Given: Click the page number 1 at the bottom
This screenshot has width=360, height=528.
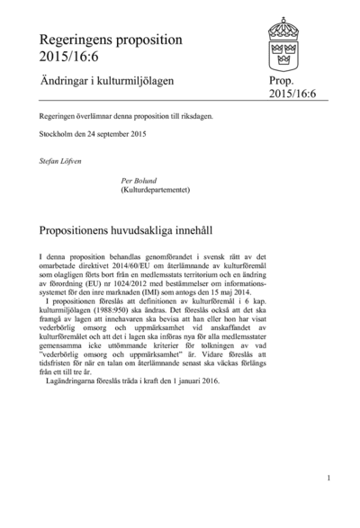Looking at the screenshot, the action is pyautogui.click(x=328, y=479).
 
